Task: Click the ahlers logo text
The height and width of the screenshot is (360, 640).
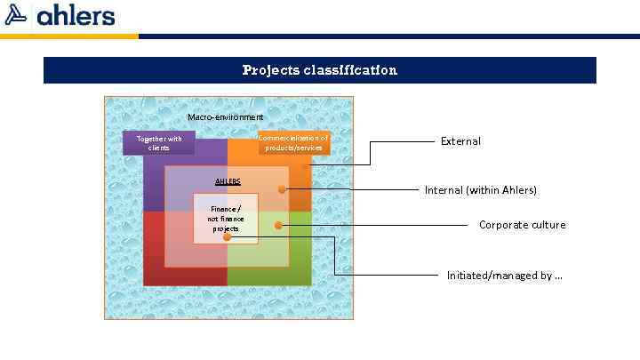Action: point(76,15)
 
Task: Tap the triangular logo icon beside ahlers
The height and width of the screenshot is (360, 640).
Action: point(17,15)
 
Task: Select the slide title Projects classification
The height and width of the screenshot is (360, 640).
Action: point(320,70)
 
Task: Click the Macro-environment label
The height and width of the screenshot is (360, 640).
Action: point(226,117)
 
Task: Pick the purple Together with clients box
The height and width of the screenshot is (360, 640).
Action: point(159,143)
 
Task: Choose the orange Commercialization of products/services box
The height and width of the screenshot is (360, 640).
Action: point(294,142)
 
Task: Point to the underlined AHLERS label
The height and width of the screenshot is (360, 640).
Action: point(228,181)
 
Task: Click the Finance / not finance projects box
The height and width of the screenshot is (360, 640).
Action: point(226,219)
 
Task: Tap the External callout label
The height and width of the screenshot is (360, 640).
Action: point(460,141)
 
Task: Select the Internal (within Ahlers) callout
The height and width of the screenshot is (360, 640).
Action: point(481,190)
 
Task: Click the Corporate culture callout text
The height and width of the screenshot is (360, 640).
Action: point(522,225)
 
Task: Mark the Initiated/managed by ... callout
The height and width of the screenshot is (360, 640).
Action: point(504,276)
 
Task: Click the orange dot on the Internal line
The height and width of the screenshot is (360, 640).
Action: point(282,189)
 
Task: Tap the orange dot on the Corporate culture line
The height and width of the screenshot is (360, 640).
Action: point(278,226)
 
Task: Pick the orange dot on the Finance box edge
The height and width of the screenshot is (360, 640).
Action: point(227,237)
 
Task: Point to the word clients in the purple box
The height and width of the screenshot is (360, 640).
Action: point(159,148)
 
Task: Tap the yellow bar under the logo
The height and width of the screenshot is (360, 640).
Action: point(69,36)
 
